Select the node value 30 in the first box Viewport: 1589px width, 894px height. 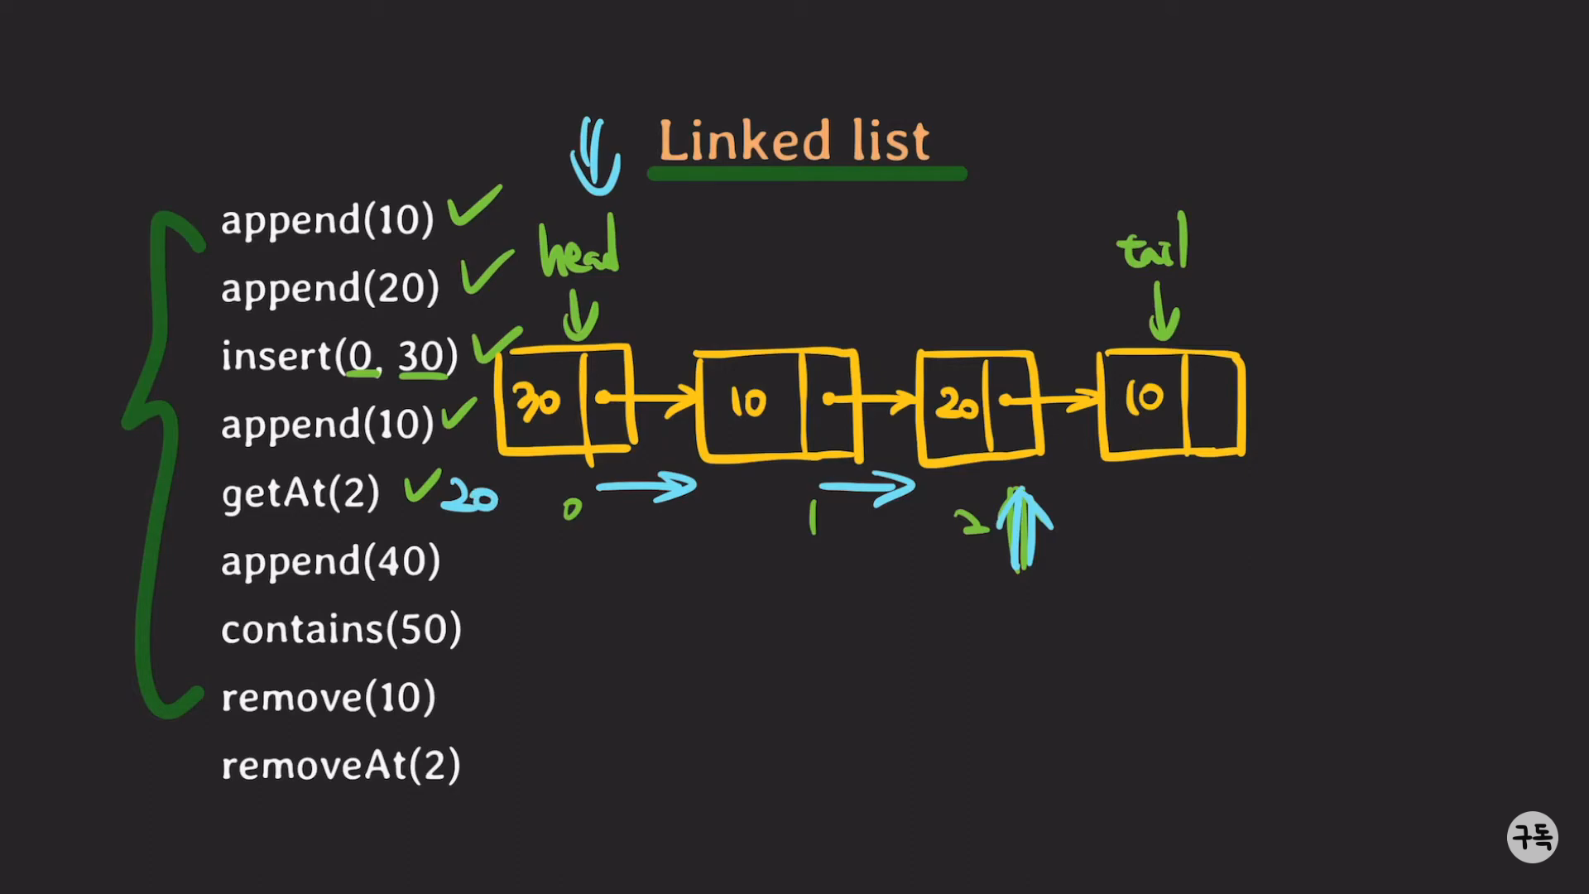click(537, 401)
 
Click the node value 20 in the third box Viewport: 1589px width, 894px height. click(956, 404)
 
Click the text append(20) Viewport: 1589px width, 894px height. click(329, 289)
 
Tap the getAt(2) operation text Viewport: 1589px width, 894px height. click(300, 493)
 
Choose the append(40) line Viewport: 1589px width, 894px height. click(330, 561)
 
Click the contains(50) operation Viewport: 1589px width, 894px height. click(341, 629)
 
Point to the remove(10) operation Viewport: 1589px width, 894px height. click(328, 698)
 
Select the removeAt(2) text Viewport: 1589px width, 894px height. click(340, 766)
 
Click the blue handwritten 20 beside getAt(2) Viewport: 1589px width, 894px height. click(470, 497)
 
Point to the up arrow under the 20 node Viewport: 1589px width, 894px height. click(1023, 528)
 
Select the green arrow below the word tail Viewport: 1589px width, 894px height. click(1164, 312)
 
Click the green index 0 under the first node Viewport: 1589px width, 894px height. click(572, 509)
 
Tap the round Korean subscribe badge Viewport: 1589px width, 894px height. click(1532, 837)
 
